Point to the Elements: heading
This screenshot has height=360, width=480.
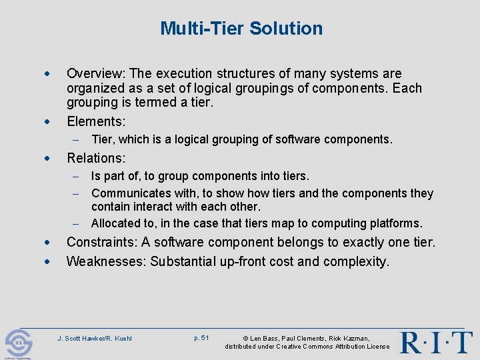pos(96,121)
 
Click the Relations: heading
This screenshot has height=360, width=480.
pos(96,158)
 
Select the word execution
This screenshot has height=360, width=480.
pos(193,73)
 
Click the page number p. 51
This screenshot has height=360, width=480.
pos(201,338)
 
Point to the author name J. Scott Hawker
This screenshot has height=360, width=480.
pos(81,339)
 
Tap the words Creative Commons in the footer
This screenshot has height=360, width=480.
pos(303,347)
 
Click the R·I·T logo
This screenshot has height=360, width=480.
pos(436,342)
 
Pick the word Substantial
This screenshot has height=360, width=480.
pos(183,261)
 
